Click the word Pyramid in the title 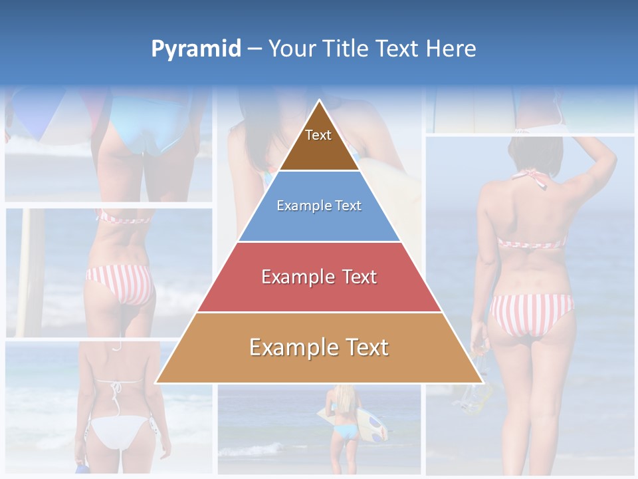click(196, 49)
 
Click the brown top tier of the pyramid click(319, 143)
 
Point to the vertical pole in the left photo click(30, 273)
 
